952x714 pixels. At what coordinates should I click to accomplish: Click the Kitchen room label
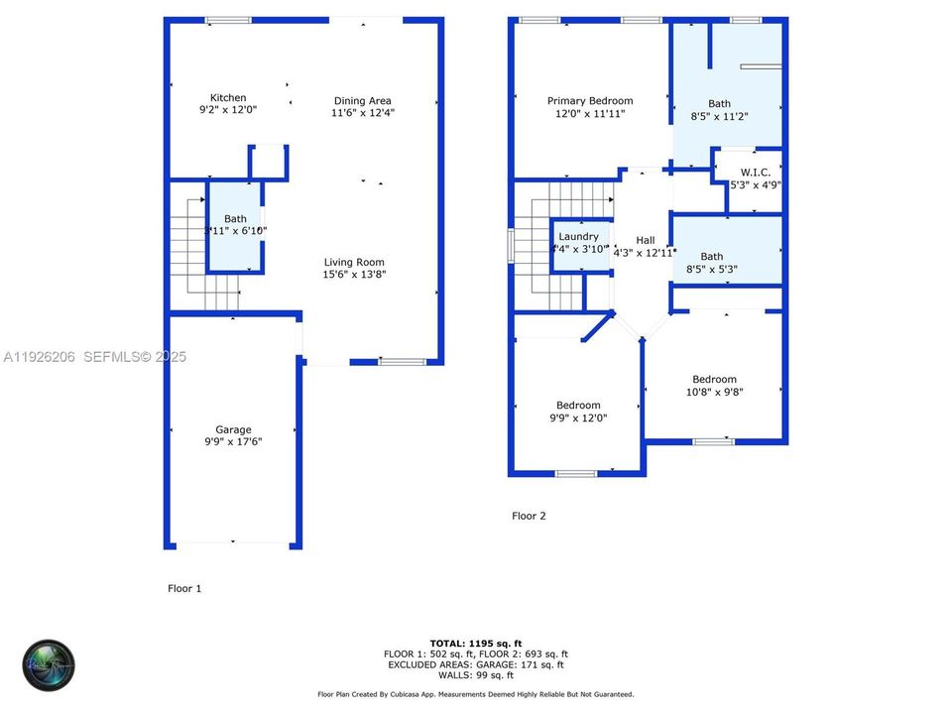click(x=228, y=97)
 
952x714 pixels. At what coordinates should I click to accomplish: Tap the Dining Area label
click(x=362, y=100)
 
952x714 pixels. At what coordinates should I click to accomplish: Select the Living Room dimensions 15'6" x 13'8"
click(x=354, y=275)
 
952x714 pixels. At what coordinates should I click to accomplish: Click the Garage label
click(x=234, y=429)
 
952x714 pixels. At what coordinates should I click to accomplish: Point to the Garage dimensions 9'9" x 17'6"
click(x=234, y=442)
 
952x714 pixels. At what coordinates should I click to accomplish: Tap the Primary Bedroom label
click(x=590, y=100)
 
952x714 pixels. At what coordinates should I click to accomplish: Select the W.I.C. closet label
click(x=755, y=172)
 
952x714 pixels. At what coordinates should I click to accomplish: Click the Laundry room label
click(x=578, y=236)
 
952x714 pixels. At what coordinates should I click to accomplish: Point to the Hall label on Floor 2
click(x=646, y=240)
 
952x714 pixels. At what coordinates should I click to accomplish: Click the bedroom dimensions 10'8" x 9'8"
click(x=714, y=392)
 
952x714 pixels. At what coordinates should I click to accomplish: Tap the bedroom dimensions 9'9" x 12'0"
click(x=578, y=417)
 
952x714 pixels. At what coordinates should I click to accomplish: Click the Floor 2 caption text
click(x=529, y=516)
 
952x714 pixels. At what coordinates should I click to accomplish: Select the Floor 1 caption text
click(x=184, y=588)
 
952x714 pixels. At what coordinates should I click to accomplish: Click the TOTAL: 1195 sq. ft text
click(x=476, y=643)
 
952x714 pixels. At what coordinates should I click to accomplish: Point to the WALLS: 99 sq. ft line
click(x=476, y=675)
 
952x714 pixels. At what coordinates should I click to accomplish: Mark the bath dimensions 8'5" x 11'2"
click(x=719, y=116)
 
